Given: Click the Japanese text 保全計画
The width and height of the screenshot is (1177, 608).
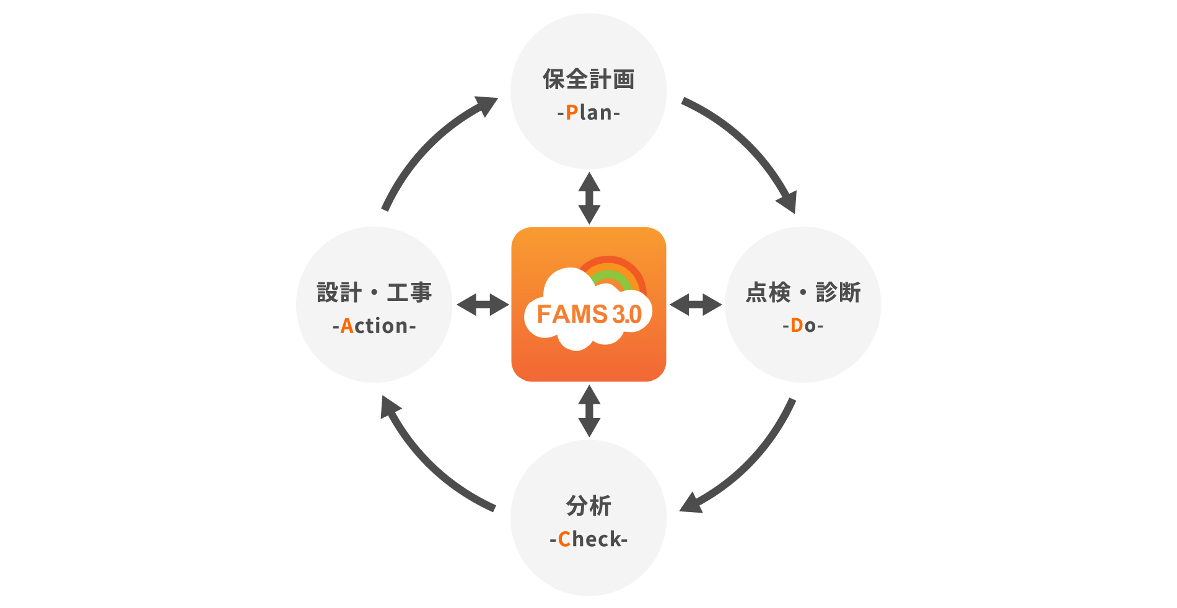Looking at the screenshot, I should [x=588, y=79].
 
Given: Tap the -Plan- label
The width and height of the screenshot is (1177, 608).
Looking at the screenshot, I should [x=588, y=113].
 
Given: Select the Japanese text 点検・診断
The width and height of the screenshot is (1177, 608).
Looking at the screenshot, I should [x=803, y=292].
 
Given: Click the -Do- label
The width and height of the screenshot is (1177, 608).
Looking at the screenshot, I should [x=803, y=326].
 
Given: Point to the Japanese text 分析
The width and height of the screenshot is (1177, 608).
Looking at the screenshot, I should [x=588, y=506].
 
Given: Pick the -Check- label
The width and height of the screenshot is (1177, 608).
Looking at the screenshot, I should [x=588, y=539].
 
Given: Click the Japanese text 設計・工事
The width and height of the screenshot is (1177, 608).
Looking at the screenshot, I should [x=374, y=292].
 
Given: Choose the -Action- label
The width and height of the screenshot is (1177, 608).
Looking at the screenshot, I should [x=374, y=326].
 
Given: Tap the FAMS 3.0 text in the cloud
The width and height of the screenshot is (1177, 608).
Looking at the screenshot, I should [x=588, y=315].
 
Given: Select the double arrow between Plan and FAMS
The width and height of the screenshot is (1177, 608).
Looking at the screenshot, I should [x=589, y=198].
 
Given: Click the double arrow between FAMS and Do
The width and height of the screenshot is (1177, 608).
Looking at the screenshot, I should [x=696, y=305].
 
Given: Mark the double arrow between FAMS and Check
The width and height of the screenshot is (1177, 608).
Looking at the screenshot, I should [x=589, y=411].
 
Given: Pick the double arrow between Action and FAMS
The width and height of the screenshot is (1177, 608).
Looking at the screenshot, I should [x=483, y=305].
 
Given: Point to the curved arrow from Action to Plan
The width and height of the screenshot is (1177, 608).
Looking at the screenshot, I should [x=427, y=145].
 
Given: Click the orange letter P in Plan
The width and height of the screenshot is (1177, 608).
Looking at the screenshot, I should [x=571, y=113].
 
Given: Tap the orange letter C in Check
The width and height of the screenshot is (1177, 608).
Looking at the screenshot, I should [x=564, y=539].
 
